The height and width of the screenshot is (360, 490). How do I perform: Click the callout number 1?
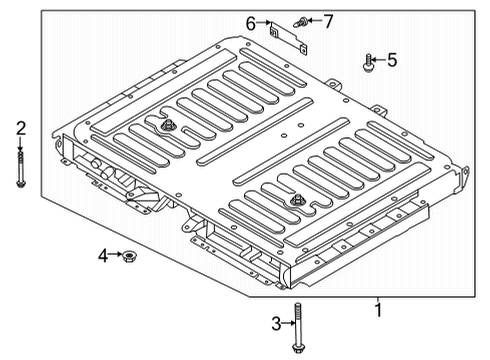(377, 310)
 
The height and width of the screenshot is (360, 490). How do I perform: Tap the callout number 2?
(19, 127)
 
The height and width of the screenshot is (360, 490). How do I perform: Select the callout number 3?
(277, 322)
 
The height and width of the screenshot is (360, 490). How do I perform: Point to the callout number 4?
(103, 256)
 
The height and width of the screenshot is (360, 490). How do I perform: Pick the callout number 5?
(391, 60)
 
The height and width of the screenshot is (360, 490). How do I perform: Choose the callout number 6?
(251, 20)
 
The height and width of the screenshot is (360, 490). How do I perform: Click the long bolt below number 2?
(19, 165)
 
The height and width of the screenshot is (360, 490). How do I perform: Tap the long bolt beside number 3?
(297, 326)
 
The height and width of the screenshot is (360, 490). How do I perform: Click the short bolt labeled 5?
(370, 62)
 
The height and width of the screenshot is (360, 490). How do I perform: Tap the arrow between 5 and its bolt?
(380, 60)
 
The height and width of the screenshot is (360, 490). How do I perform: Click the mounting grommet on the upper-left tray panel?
(166, 126)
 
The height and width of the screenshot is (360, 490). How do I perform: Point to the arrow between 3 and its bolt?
(286, 322)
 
